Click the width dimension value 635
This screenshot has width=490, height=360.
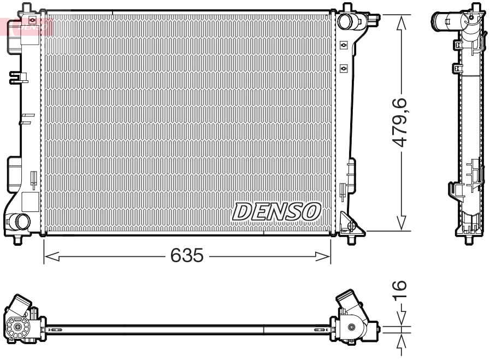(187, 256)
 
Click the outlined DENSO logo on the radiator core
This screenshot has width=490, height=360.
(276, 211)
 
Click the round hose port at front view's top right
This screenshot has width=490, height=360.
(346, 21)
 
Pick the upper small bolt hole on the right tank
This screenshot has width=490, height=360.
(343, 45)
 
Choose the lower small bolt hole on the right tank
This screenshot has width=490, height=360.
(343, 68)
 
